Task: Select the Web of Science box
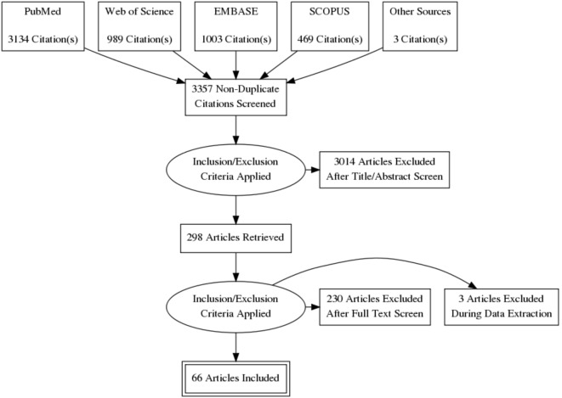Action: (139, 25)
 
